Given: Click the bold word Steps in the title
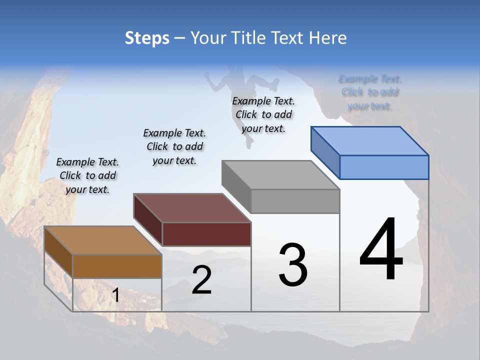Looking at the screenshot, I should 147,38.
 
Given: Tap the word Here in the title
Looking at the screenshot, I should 328,38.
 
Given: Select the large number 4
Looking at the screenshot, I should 381,250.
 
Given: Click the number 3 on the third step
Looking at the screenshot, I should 293,265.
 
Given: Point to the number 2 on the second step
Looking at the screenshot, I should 201,280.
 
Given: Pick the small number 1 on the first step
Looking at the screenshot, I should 115,295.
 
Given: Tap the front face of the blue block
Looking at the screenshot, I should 384,167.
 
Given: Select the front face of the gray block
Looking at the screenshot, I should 295,201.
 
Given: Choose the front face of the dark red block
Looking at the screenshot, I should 206,234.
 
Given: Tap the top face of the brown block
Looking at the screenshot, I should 103,240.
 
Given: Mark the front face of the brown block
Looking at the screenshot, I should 117,266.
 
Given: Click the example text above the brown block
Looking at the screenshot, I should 87,175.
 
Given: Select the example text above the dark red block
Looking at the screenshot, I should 174,146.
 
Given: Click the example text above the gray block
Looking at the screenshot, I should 263,114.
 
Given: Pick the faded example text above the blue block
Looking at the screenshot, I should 370,92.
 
